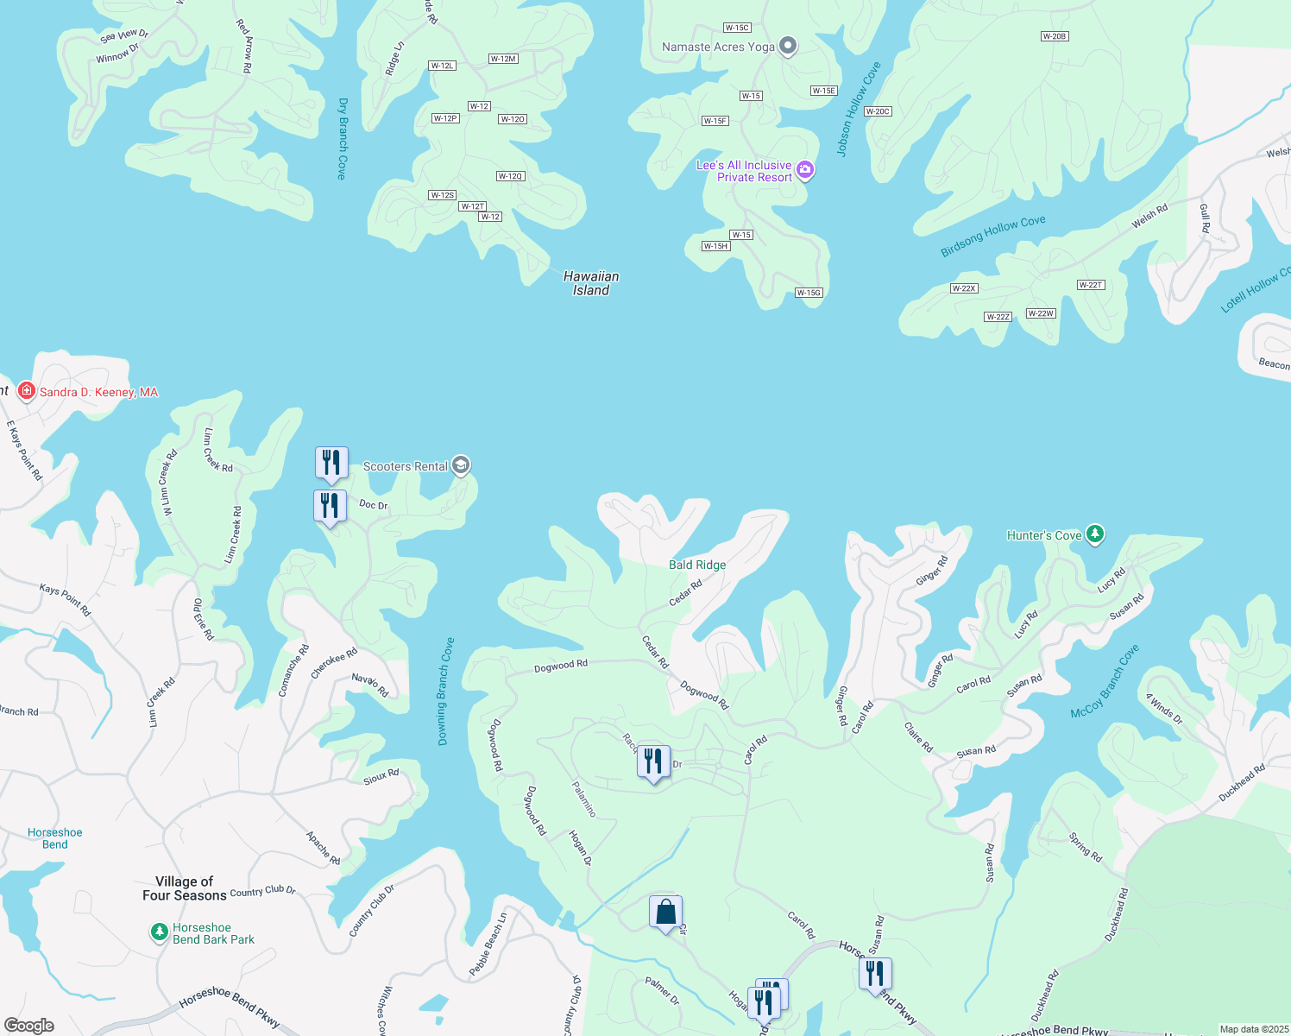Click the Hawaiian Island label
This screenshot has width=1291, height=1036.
[591, 283]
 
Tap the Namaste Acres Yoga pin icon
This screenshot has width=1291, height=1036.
[787, 47]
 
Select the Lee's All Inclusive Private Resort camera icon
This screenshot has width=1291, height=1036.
[805, 170]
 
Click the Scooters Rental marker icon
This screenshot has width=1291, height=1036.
[461, 466]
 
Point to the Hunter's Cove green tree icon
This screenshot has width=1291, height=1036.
[1094, 535]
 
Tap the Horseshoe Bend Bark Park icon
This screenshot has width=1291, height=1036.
[159, 932]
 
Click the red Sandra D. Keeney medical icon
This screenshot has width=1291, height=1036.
[27, 392]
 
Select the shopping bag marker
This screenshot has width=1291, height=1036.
[665, 913]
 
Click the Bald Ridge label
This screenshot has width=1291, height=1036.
[697, 565]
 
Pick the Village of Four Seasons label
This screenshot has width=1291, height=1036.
[184, 888]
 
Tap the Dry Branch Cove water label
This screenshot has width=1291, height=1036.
[343, 138]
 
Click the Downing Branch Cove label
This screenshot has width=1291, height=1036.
[445, 692]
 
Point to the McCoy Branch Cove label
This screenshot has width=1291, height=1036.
[1105, 682]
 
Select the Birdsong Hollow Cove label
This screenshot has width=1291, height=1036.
[992, 236]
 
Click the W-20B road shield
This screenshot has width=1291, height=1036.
[1055, 36]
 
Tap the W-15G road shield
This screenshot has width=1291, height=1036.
[809, 293]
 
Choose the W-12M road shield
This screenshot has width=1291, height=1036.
[503, 59]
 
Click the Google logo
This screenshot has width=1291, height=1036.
[29, 1025]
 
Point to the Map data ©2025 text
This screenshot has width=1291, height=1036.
[1254, 1029]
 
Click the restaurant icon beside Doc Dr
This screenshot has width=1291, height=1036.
[330, 506]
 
